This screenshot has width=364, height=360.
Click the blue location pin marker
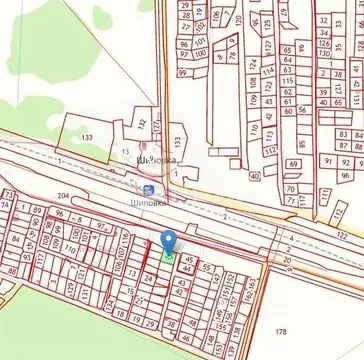[x=169, y=241]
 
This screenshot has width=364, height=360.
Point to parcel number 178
[x=281, y=332]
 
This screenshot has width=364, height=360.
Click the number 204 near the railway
[x=63, y=197]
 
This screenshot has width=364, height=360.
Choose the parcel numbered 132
[x=140, y=124]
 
